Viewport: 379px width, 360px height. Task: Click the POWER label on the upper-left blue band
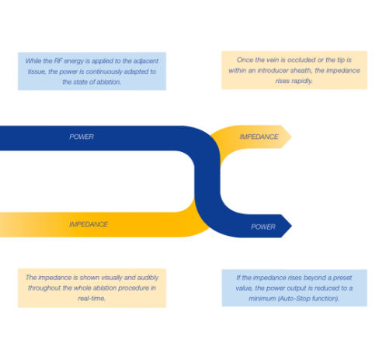tap(82, 137)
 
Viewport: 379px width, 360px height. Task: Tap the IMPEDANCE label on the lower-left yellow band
tap(89, 224)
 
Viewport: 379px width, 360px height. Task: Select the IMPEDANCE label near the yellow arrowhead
tap(259, 137)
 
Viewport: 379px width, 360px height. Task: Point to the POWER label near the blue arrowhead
tap(263, 227)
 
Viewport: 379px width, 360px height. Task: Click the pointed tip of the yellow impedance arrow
tap(292, 137)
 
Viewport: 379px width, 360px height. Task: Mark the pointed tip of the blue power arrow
tap(292, 226)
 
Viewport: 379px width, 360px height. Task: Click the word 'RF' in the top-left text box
tap(58, 61)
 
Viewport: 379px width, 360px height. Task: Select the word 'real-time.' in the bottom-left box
tap(92, 299)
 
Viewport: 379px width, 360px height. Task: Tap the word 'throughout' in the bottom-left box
tap(44, 288)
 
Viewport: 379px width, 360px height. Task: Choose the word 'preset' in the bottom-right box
tap(342, 278)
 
